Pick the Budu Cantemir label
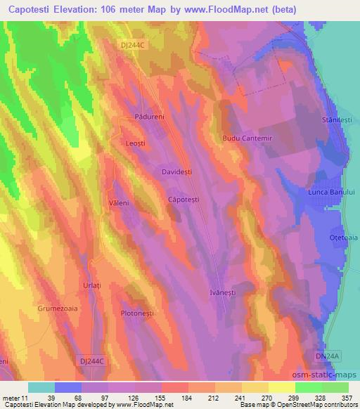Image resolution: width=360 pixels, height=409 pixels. pos(246,138)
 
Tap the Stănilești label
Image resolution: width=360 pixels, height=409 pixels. pos(335,120)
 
